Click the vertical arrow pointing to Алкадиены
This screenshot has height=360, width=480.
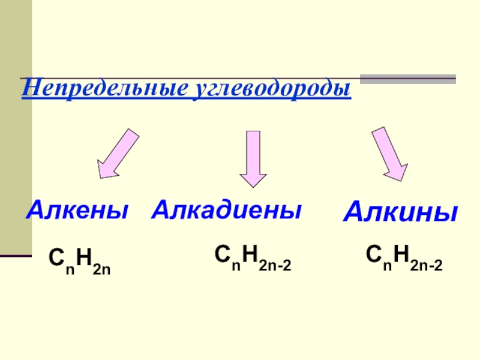[253, 159]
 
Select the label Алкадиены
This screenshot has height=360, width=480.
[226, 209]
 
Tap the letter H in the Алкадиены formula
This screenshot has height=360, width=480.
[250, 254]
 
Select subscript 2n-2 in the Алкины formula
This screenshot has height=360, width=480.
[426, 263]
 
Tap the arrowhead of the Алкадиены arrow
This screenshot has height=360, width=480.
[253, 179]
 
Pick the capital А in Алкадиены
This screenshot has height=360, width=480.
[163, 209]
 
